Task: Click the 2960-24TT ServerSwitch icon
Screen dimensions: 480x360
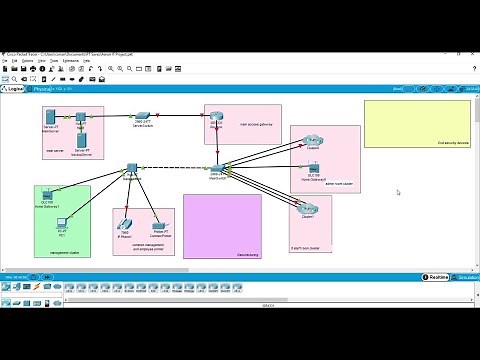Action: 143,115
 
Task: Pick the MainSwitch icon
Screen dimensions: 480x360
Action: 216,168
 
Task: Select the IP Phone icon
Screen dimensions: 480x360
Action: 126,223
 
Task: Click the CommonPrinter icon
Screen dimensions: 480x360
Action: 156,225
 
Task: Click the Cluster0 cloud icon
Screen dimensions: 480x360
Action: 313,141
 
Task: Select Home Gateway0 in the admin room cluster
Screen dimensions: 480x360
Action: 314,166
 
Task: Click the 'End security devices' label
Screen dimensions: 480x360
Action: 454,143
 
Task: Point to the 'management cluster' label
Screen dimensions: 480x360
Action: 64,253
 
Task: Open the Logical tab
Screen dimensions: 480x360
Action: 15,89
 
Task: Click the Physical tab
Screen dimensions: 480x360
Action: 43,89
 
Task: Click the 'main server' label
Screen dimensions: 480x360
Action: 55,152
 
